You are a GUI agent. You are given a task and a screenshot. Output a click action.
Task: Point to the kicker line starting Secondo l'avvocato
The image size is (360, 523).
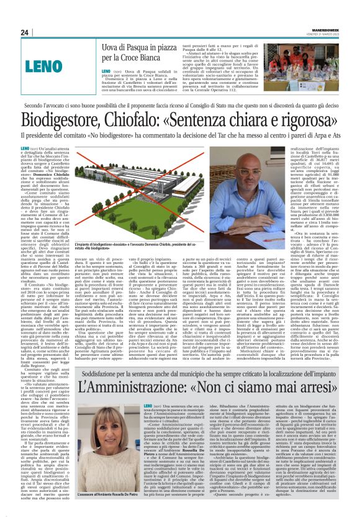180,106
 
